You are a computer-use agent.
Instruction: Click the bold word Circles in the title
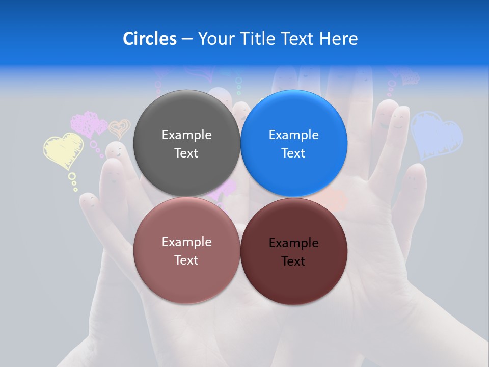pos(149,39)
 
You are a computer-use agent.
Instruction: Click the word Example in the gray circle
pos(186,135)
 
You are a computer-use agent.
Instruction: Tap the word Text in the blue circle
pos(293,153)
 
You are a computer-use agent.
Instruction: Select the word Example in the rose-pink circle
pos(186,242)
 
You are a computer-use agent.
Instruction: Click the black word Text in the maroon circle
pos(293,261)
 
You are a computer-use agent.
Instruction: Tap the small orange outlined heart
pos(120,128)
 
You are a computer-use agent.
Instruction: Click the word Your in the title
pos(215,39)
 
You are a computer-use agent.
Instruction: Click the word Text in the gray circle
pos(186,153)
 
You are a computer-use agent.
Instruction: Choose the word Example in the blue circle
pos(293,135)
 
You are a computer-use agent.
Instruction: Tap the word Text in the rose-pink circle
pos(186,260)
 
